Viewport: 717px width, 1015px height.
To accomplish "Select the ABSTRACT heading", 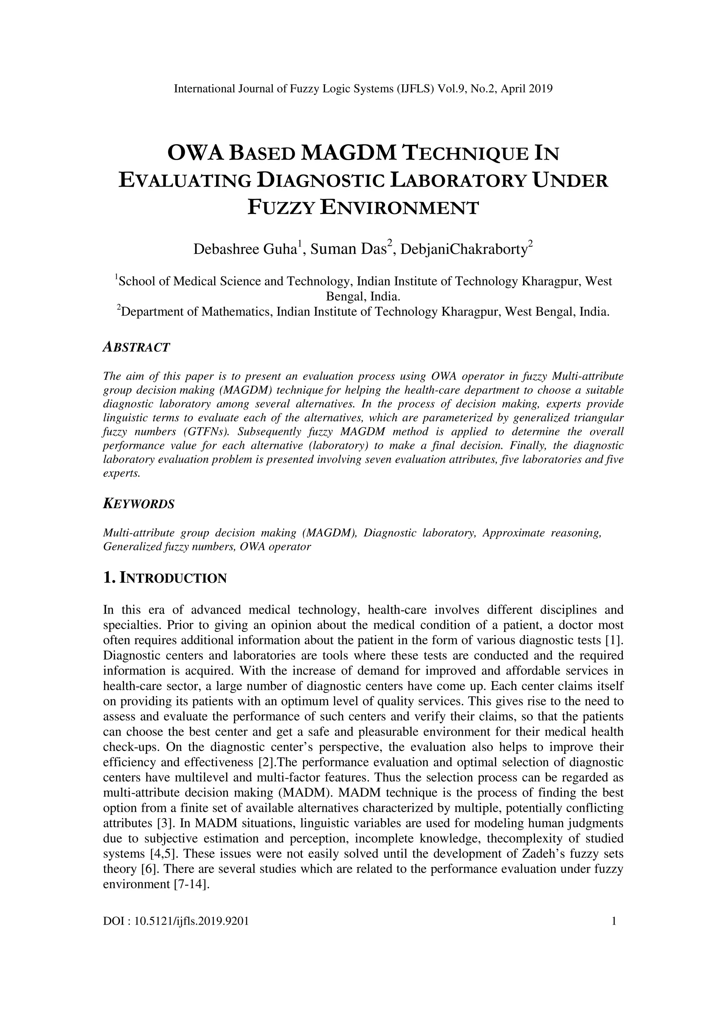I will coord(136,347).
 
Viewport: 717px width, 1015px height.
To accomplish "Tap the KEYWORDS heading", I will coord(139,504).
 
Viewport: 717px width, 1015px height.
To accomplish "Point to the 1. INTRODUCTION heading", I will coord(165,578).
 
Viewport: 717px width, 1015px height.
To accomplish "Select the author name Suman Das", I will coord(349,249).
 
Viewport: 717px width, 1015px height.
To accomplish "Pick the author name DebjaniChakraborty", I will coord(464,249).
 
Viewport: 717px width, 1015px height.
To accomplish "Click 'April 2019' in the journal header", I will coord(529,89).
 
